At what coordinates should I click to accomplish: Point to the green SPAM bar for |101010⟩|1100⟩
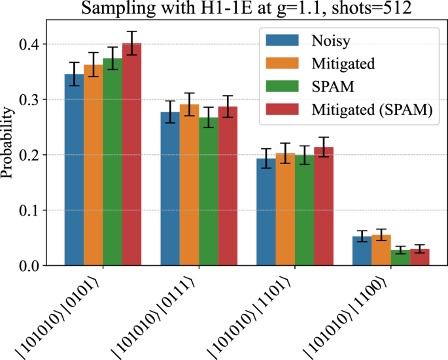400,257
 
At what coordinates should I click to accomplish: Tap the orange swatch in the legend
281,64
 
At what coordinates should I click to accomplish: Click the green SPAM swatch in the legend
281,88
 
